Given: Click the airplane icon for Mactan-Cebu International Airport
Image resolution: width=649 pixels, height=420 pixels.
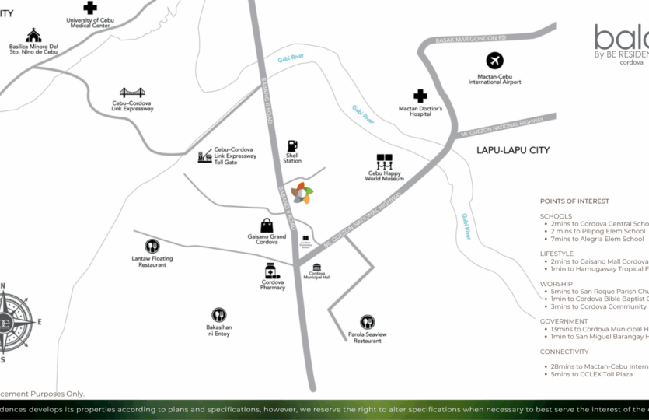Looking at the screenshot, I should (495, 61).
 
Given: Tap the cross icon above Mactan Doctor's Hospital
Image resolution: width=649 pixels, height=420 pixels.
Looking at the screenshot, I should (420, 96).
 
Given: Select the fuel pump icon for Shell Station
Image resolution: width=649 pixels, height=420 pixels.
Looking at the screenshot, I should (292, 145).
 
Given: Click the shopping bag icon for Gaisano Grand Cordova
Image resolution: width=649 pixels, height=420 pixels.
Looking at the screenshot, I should (267, 225).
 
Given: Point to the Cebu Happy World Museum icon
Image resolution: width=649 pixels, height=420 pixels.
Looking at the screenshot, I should (385, 162).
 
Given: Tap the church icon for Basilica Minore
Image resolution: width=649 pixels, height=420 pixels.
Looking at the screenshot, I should (33, 35).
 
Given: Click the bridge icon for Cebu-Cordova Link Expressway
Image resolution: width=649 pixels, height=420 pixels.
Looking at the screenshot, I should (133, 93).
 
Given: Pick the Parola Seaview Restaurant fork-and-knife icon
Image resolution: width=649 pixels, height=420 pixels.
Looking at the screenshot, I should (367, 322).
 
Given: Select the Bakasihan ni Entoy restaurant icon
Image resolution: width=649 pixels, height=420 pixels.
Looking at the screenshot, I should (219, 315).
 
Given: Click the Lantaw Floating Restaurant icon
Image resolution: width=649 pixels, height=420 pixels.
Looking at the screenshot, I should (152, 247).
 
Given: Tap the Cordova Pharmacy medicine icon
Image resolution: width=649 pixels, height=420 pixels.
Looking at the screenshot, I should (272, 271).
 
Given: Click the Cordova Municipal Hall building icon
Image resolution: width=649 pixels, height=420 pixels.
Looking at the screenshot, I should (317, 267).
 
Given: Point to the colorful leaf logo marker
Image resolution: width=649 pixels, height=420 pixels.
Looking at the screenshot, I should (302, 193).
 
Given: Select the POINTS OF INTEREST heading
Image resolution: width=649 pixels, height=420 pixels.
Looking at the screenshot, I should (574, 201).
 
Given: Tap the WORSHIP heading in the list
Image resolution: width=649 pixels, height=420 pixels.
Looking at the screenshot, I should (556, 284).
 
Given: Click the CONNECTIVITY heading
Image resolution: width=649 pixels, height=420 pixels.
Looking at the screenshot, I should (564, 352).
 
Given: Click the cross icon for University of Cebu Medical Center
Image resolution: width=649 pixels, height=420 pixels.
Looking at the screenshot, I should (90, 8).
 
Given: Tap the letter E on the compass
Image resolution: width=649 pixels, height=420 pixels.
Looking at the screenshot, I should (40, 321).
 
